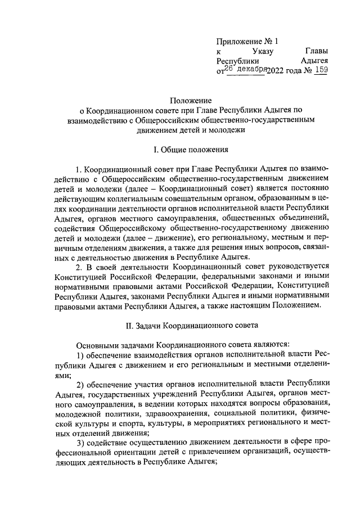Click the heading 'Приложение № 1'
coord(247,42)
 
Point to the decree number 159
coord(321,70)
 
